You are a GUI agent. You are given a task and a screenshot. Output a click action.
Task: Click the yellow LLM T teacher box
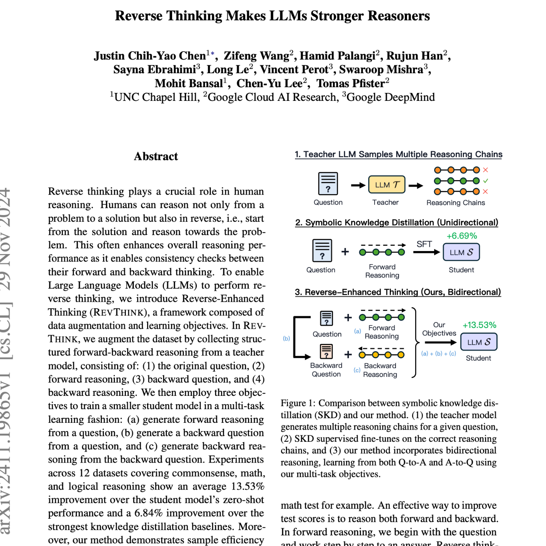(x=387, y=185)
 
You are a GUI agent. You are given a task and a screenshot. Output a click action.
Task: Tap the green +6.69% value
(x=461, y=236)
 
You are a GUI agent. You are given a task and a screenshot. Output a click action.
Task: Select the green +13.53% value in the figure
(x=479, y=325)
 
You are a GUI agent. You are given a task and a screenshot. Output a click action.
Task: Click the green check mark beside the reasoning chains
(x=486, y=181)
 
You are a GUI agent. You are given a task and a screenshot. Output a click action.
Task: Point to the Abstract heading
(x=156, y=156)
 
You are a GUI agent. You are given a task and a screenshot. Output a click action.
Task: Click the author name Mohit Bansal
(x=189, y=83)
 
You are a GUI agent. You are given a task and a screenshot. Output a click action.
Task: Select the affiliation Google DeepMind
(x=391, y=97)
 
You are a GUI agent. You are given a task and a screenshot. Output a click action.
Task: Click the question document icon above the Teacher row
(x=328, y=184)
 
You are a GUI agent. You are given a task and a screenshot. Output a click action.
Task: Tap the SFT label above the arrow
(x=424, y=244)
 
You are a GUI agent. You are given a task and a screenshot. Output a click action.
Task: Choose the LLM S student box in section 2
(x=461, y=252)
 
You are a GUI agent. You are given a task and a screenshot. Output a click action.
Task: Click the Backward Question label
(x=326, y=370)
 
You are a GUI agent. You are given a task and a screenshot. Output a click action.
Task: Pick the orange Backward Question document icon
(x=326, y=351)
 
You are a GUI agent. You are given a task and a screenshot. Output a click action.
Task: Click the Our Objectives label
(x=439, y=329)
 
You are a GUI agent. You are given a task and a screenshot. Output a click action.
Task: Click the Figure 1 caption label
(x=298, y=403)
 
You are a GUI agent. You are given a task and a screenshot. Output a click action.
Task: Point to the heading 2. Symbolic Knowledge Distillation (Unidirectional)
(x=397, y=223)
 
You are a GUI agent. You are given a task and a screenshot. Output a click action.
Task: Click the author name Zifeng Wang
(x=256, y=56)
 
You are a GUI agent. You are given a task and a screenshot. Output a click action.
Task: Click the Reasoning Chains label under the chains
(x=455, y=203)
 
